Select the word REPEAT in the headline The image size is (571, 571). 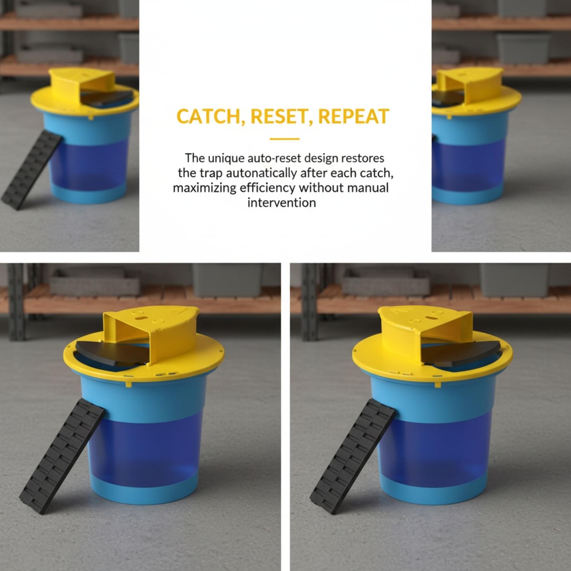[x=350, y=116]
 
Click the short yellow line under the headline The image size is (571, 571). [x=284, y=139]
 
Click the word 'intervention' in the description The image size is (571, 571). [x=282, y=203]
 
